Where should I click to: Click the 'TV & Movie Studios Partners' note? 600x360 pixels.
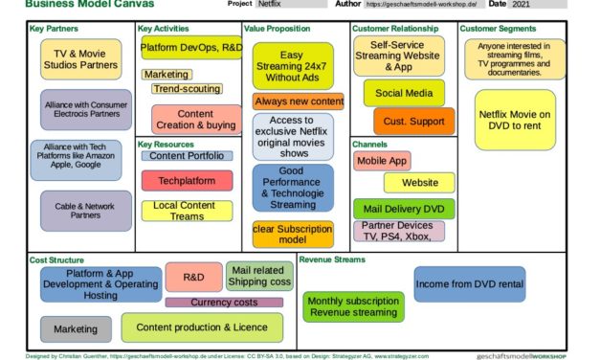point(81,58)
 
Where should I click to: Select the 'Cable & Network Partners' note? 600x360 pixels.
point(86,210)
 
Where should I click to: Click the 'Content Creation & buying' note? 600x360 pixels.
point(196,119)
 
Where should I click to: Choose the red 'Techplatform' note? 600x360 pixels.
point(187,179)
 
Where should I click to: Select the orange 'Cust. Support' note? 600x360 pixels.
point(414,122)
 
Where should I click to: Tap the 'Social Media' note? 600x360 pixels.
point(404,92)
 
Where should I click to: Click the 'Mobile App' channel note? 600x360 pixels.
point(383,161)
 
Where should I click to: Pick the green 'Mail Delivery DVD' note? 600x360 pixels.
point(403,208)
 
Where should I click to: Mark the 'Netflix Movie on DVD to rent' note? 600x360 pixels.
point(515,120)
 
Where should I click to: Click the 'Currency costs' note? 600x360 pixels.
point(224,303)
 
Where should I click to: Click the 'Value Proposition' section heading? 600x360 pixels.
point(277,29)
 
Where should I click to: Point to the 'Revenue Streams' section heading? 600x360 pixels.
point(331,259)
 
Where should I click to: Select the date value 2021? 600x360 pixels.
point(521,4)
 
